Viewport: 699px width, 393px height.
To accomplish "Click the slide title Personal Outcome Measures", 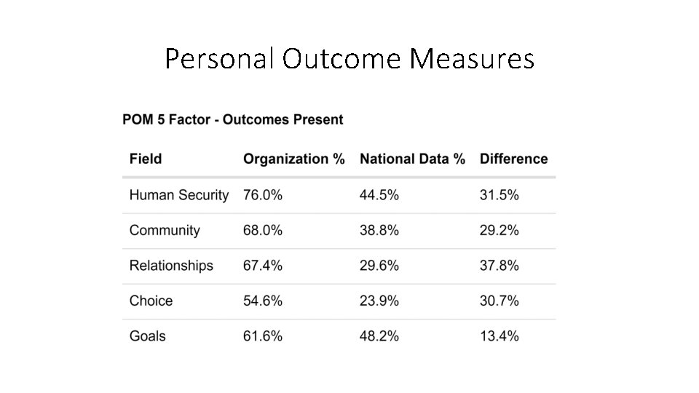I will tap(349, 59).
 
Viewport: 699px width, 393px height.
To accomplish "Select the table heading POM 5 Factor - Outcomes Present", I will tap(233, 119).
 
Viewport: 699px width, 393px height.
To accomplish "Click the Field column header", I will tap(146, 159).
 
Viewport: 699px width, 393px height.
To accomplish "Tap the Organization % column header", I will tap(293, 159).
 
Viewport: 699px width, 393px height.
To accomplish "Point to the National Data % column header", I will tap(412, 159).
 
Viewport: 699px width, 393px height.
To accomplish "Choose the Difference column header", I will tap(513, 159).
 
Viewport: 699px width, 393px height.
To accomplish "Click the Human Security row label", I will tap(178, 195).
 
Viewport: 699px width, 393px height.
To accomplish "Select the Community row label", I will tap(165, 230).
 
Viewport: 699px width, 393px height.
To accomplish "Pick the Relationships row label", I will tap(171, 266).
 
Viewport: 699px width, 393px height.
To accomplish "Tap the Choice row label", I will tap(151, 301).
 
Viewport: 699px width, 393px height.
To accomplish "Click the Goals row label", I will tap(147, 336).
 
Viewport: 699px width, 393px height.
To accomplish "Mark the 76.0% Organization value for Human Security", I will tap(263, 195).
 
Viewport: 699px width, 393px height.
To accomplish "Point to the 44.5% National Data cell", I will tap(379, 195).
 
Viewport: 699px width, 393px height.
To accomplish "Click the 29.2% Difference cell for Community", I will tap(499, 230).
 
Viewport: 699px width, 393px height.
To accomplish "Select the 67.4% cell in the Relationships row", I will tap(263, 266).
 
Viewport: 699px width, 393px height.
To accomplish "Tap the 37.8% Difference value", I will tap(499, 266).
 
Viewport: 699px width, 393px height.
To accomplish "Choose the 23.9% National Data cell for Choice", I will tap(379, 301).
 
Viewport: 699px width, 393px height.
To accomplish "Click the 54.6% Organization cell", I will tap(263, 301).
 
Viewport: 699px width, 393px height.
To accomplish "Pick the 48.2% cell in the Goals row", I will tap(379, 336).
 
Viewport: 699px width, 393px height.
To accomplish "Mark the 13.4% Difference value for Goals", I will tap(499, 336).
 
